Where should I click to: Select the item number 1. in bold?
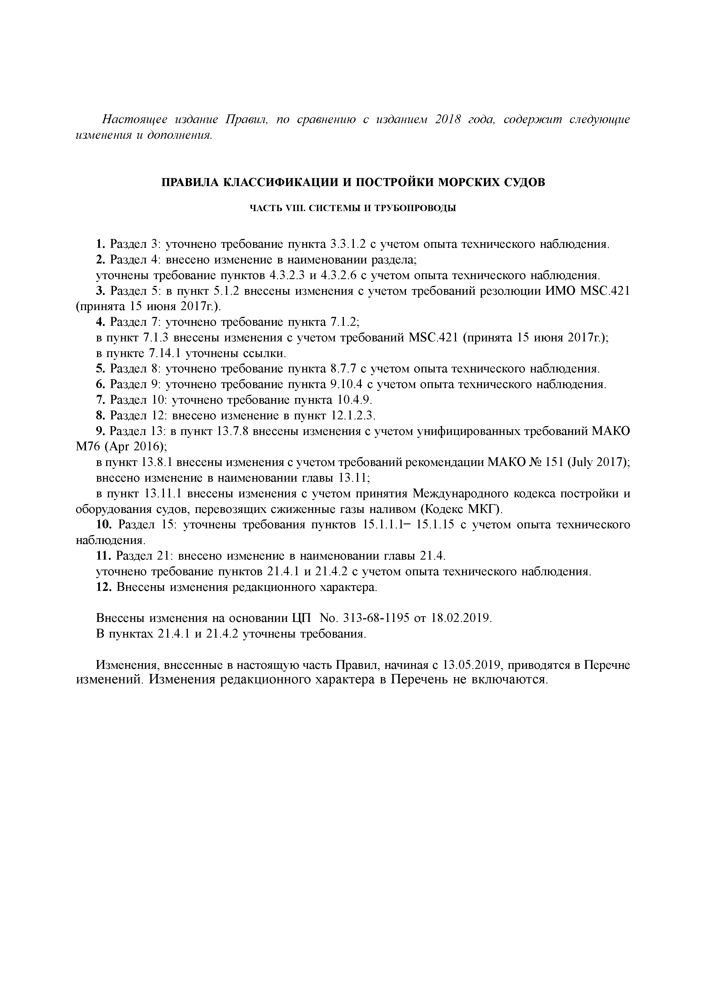(x=100, y=244)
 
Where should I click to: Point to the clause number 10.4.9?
(x=354, y=400)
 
